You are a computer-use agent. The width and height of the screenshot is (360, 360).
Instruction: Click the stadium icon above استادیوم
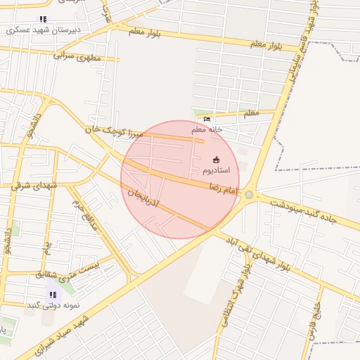[215, 160]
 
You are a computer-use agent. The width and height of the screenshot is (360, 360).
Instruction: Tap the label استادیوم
[220, 171]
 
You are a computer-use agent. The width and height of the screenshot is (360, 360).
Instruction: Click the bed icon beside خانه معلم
[197, 120]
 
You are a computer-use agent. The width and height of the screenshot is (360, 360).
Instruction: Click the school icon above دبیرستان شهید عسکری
[43, 20]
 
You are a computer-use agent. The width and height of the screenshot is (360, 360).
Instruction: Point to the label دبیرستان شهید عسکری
[43, 30]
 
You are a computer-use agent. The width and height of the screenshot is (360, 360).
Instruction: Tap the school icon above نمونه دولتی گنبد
[53, 295]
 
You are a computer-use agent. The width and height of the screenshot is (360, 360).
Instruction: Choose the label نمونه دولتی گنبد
[53, 305]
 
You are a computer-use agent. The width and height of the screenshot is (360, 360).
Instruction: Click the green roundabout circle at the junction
[249, 195]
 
